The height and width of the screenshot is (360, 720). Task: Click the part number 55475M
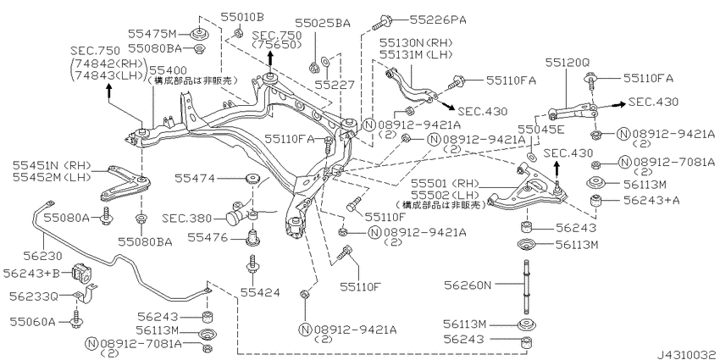tap(152, 34)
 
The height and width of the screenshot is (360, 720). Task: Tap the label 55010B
tap(242, 17)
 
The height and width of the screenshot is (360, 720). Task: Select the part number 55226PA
tap(438, 19)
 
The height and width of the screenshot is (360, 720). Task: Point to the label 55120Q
tap(567, 63)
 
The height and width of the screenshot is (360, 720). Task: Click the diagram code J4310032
tap(688, 354)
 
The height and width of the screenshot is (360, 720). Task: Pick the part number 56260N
tap(468, 285)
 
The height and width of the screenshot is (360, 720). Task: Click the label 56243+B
tap(31, 274)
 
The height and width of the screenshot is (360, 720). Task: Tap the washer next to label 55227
tap(324, 60)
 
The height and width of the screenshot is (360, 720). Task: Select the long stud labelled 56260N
tap(524, 285)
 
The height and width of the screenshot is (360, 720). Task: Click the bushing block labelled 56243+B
tap(80, 273)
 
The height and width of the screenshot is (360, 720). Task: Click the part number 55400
tap(169, 70)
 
